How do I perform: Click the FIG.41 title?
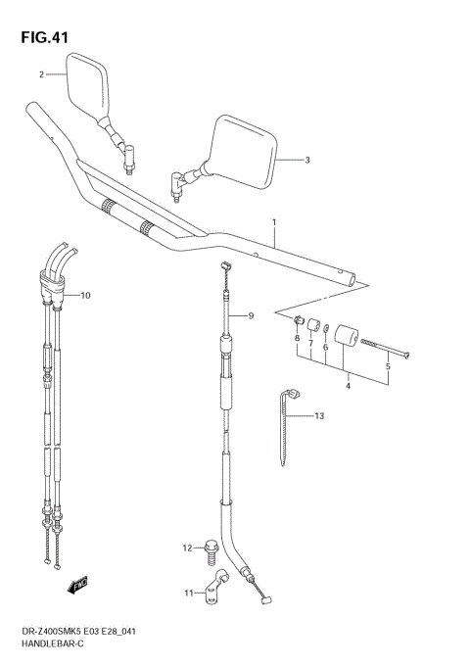[42, 38]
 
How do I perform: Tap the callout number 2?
[42, 74]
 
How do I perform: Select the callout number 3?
[306, 160]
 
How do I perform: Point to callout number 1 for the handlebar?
[275, 222]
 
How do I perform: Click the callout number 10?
[85, 295]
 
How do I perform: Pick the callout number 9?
[251, 315]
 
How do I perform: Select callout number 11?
[187, 593]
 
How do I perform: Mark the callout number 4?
[348, 385]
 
